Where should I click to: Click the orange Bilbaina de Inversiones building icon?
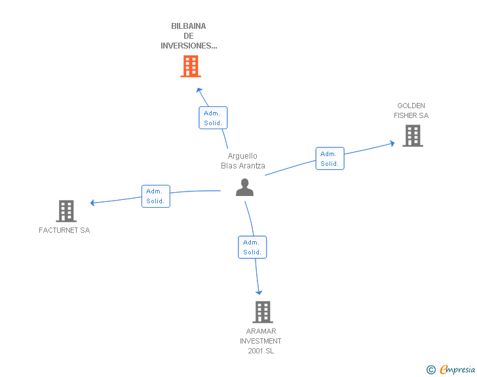pos(190,66)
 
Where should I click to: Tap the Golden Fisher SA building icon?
pos(412,136)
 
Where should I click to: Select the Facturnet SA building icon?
pos(66,211)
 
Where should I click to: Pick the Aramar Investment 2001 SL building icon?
pos(262,312)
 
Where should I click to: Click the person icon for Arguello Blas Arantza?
pos(244,188)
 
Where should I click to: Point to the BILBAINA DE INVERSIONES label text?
pos(189,36)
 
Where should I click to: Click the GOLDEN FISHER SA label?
pos(411,110)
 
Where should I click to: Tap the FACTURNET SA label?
pos(64,230)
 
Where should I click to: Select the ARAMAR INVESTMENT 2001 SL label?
pos(260,341)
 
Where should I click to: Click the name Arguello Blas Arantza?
pos(243,161)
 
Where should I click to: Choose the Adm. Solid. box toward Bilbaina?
pos(213,118)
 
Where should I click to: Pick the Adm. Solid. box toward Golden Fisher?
pos(330,159)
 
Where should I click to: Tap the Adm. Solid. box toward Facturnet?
pos(155,196)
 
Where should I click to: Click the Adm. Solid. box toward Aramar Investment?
pos(252,247)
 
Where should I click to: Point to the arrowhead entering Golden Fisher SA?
pos(392,143)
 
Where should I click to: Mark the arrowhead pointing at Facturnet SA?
pos(93,203)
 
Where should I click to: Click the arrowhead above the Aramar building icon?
pos(259,292)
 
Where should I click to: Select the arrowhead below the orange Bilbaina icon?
pos(200,89)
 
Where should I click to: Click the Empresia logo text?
pos(457,370)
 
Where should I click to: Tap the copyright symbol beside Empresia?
pos(430,370)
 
